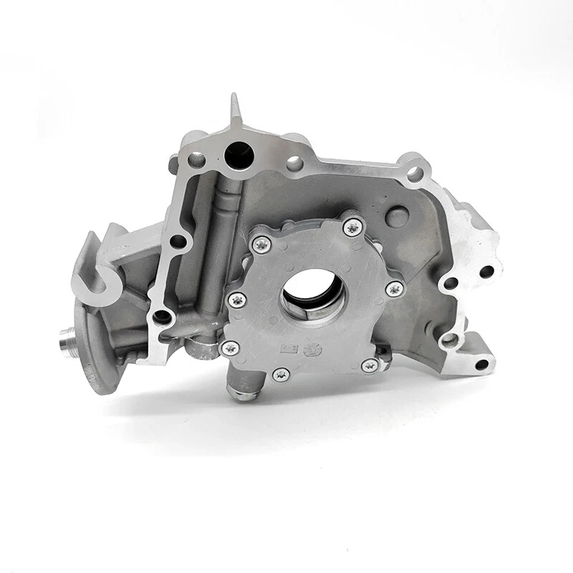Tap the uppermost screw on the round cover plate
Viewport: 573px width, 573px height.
(x=352, y=228)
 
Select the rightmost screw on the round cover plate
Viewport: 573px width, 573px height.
(x=393, y=289)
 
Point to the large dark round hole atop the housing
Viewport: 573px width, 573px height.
(x=237, y=154)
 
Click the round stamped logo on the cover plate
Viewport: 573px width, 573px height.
(x=313, y=350)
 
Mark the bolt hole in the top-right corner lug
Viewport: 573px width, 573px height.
(x=414, y=173)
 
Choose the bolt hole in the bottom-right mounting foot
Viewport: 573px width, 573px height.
(x=481, y=365)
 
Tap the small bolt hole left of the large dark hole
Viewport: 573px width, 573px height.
(x=195, y=158)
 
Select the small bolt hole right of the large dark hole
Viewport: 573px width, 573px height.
(x=294, y=164)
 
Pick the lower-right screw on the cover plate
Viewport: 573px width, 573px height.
(x=370, y=365)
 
